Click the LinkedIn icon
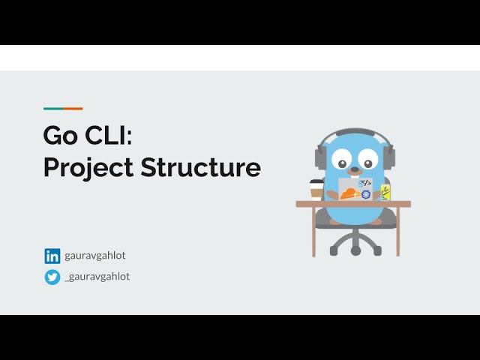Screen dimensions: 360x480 coord(52,256)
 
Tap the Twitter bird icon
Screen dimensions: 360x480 coord(52,277)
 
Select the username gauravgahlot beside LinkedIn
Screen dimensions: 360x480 coord(95,256)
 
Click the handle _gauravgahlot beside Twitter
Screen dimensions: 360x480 coord(97,277)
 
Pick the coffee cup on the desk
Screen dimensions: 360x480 coord(316,190)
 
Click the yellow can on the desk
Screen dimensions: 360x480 coord(385,192)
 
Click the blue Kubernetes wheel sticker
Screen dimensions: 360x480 coord(366,194)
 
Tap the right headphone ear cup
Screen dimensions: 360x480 coord(388,157)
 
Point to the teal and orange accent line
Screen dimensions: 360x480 coord(63,109)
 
